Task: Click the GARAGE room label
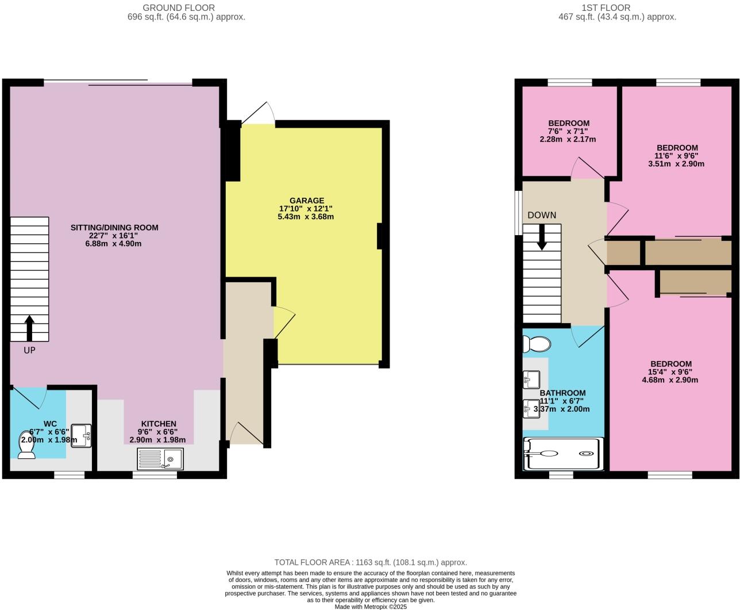pyautogui.click(x=306, y=201)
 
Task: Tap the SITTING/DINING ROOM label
pyautogui.click(x=114, y=228)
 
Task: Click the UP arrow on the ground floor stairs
pyautogui.click(x=29, y=328)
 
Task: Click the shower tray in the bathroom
pyautogui.click(x=564, y=453)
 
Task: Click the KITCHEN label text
pyautogui.click(x=157, y=424)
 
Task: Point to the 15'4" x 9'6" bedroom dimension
pyautogui.click(x=671, y=372)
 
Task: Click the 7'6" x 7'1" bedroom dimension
pyautogui.click(x=568, y=131)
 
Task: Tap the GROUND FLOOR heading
pyautogui.click(x=179, y=7)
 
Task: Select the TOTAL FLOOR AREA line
pyautogui.click(x=371, y=562)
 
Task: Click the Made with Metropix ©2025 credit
pyautogui.click(x=371, y=607)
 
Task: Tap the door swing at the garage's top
pyautogui.click(x=259, y=114)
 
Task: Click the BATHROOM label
pyautogui.click(x=562, y=393)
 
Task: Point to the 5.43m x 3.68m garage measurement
pyautogui.click(x=306, y=217)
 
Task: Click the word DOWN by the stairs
pyautogui.click(x=542, y=215)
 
